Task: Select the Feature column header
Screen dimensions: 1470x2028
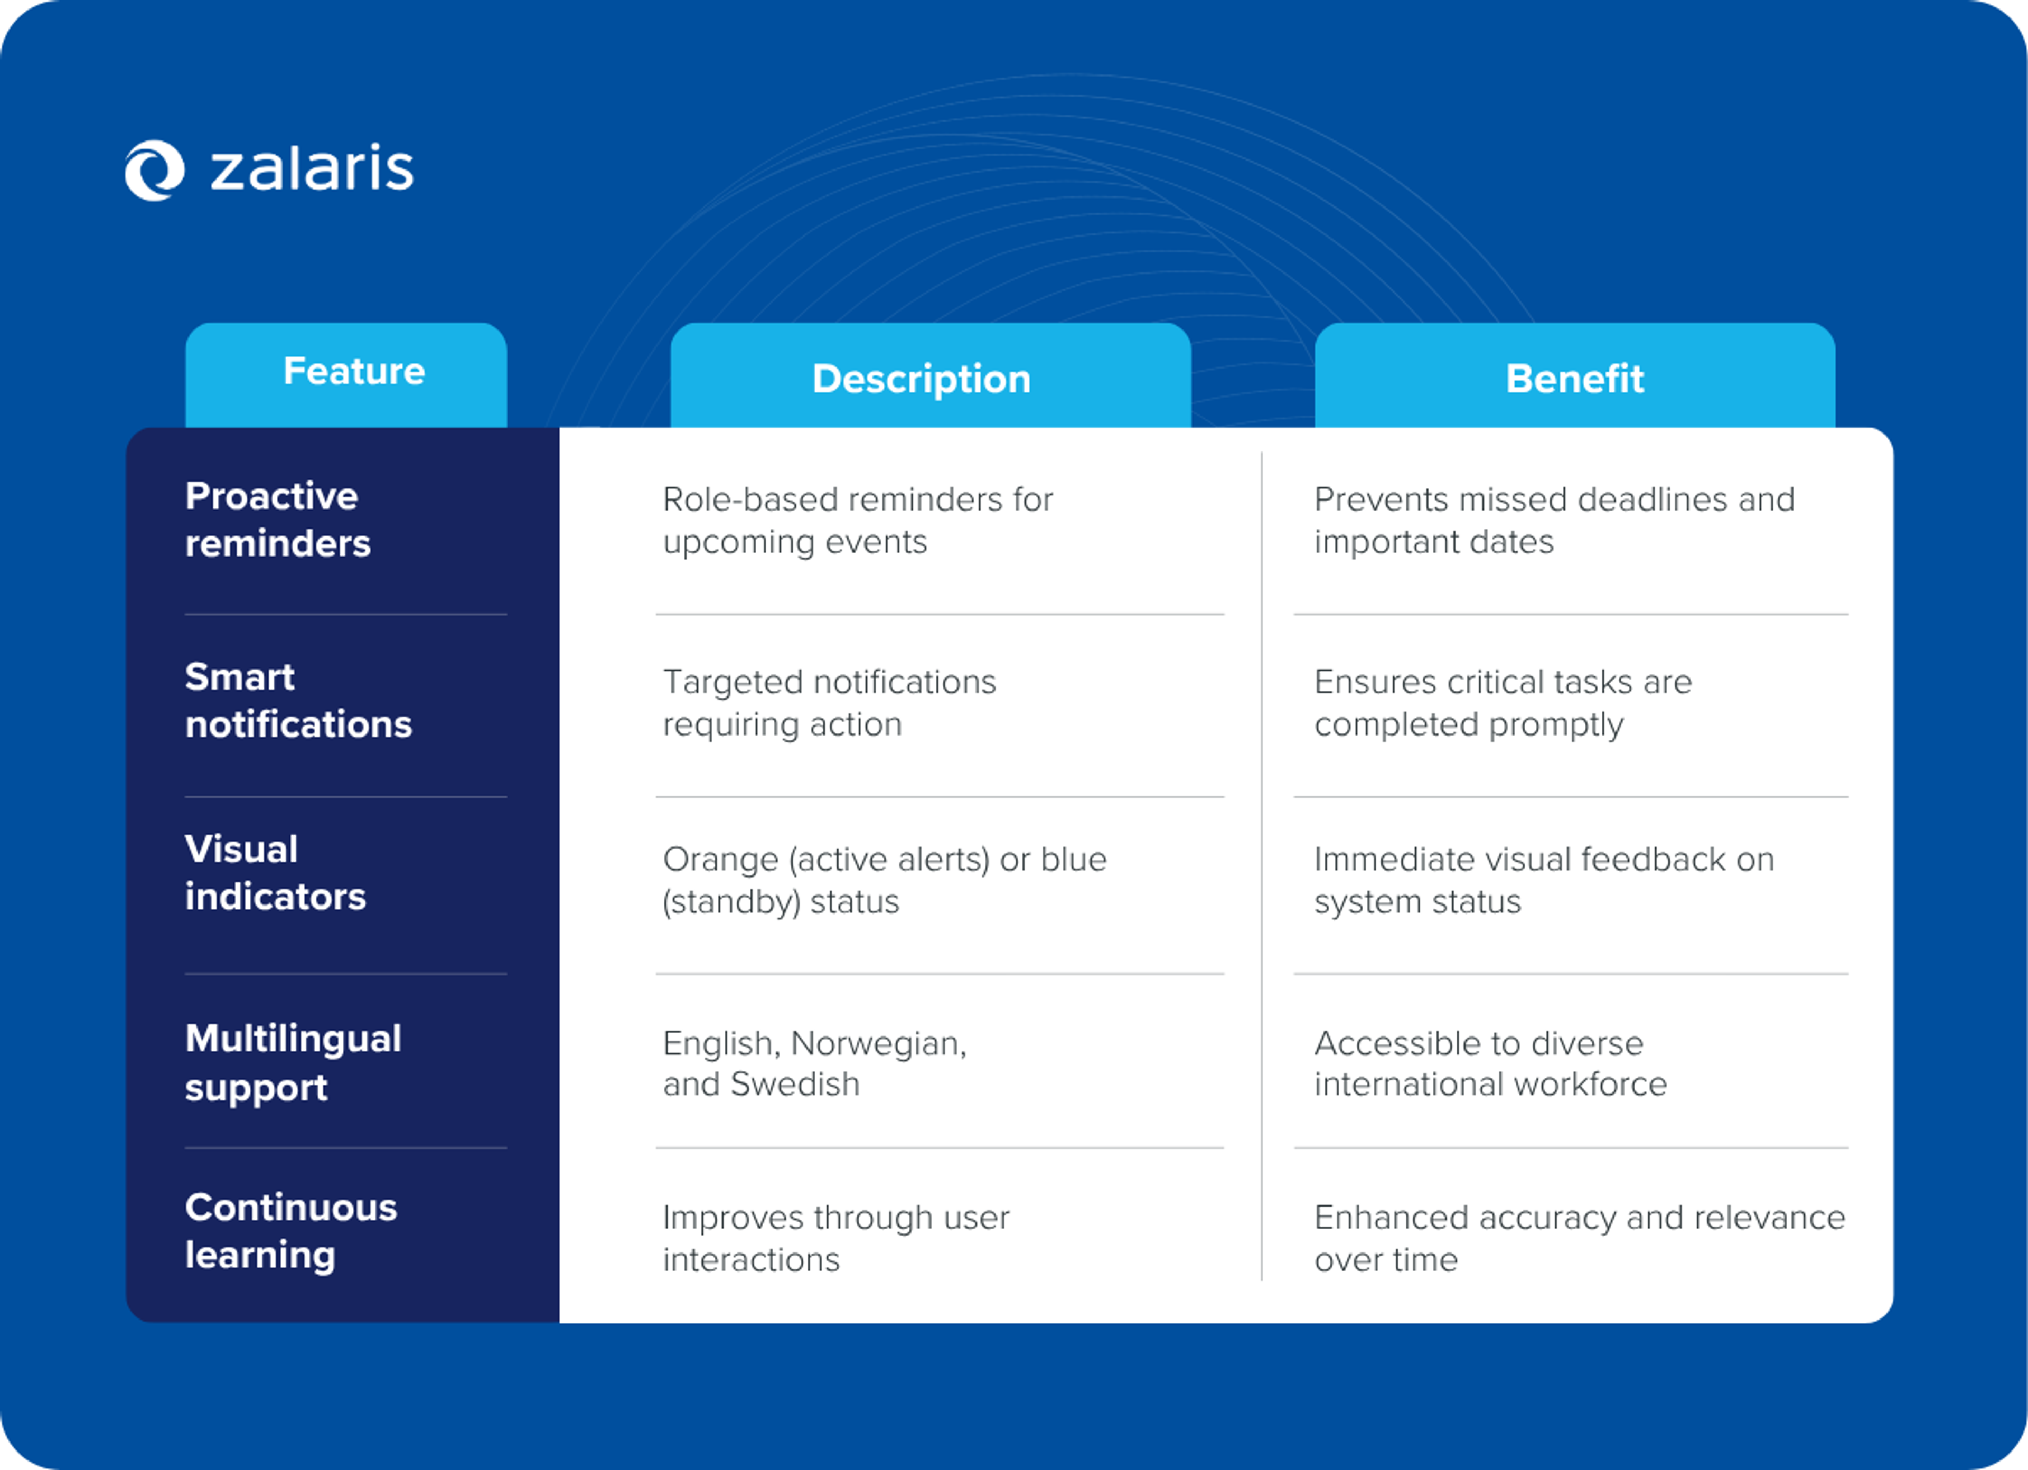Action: [x=353, y=371]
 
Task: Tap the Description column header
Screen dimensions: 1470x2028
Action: [x=921, y=378]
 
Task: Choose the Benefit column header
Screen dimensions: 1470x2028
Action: [x=1574, y=378]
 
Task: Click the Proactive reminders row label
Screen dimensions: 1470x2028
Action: [x=277, y=520]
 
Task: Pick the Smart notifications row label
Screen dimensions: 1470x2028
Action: [x=298, y=700]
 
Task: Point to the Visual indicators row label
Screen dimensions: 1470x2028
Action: [x=275, y=873]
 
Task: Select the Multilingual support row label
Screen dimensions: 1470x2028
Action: [x=293, y=1062]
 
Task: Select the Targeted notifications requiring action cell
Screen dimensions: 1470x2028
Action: [x=829, y=703]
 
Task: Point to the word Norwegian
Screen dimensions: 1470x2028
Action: [x=878, y=1043]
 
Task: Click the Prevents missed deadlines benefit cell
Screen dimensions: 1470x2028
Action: [x=1554, y=521]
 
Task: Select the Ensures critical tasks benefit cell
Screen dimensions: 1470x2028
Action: [x=1502, y=703]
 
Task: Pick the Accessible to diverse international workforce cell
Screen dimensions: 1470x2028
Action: [x=1490, y=1063]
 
